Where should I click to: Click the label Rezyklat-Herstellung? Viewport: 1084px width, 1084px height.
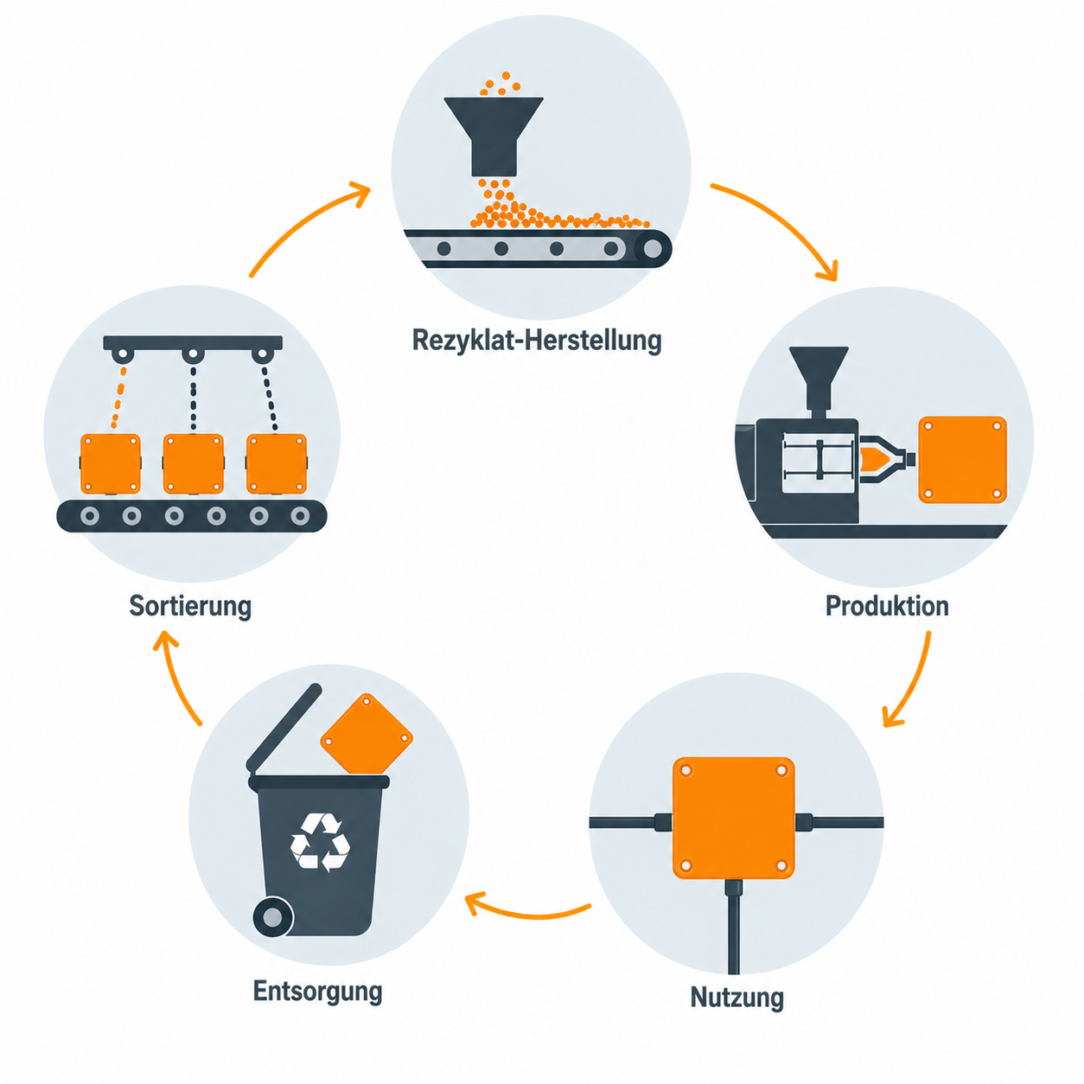[x=537, y=341]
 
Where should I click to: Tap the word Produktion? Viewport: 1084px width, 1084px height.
[x=887, y=606]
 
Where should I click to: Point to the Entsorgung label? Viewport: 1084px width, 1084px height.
[x=318, y=992]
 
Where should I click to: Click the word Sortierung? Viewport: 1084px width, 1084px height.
[x=190, y=607]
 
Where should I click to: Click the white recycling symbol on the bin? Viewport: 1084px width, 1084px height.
[x=320, y=842]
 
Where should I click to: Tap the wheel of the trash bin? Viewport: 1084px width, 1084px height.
[x=273, y=917]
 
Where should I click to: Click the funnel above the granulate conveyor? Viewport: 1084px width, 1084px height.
[x=494, y=136]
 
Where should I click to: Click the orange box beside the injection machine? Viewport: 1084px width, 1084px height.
[x=962, y=460]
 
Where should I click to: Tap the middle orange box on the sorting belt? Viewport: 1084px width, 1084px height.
[x=193, y=463]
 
